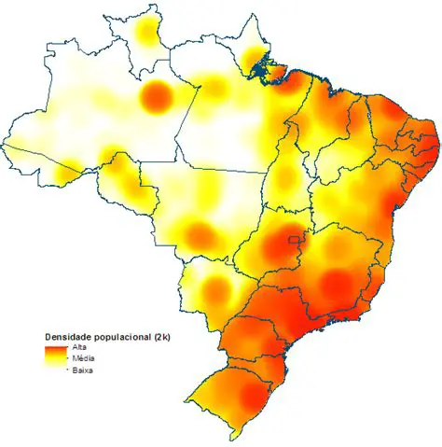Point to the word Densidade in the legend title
70,334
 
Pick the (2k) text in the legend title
167,334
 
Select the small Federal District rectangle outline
297,243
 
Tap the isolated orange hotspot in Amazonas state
156,95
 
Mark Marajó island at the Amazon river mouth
264,69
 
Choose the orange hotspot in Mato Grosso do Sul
214,291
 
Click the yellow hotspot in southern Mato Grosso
198,234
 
